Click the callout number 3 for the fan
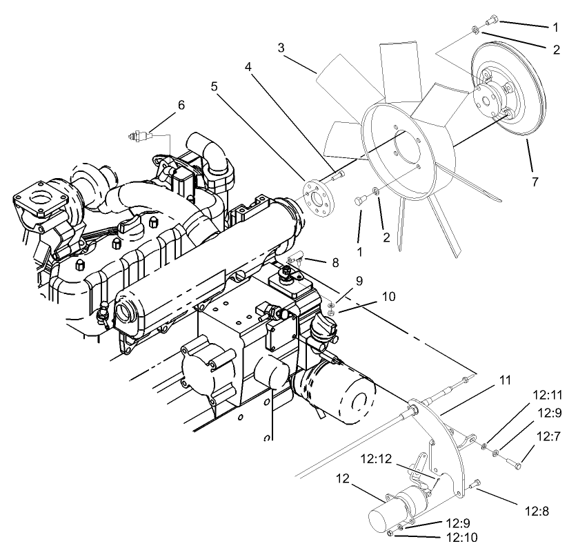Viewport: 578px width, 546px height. click(x=281, y=48)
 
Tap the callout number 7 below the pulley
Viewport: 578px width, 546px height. click(x=535, y=182)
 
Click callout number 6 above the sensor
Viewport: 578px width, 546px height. click(x=181, y=105)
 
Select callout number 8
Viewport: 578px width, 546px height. click(x=335, y=262)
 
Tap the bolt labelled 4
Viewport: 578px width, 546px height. click(x=337, y=177)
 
